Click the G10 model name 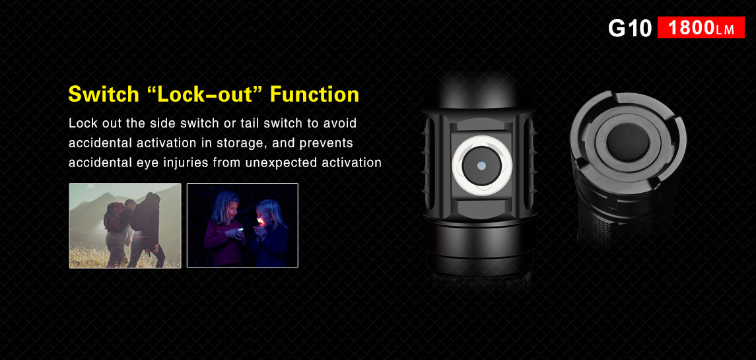pos(630,28)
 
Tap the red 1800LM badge pos(701,28)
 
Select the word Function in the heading pos(314,94)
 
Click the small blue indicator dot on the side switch pos(481,166)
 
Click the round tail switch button pos(627,141)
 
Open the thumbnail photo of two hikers pos(125,225)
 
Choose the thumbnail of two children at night pos(242,225)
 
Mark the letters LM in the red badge pos(725,30)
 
